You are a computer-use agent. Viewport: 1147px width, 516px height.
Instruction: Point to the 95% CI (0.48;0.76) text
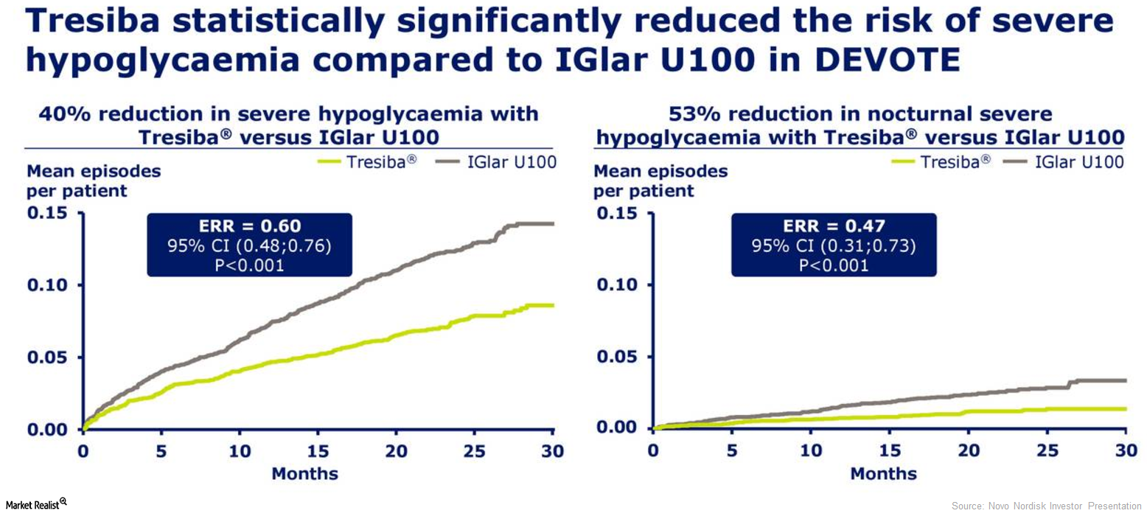point(249,245)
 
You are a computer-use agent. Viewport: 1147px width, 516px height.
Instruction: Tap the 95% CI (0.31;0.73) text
point(833,245)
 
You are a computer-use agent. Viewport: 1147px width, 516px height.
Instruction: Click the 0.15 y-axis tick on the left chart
point(47,214)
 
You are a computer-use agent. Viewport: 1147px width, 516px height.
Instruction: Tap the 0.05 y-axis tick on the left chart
point(47,358)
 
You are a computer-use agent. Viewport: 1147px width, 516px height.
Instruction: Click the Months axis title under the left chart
point(304,473)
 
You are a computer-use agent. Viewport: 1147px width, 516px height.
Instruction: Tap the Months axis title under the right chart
point(883,473)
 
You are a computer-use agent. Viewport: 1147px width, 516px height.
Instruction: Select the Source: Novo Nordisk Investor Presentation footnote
point(1046,506)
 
